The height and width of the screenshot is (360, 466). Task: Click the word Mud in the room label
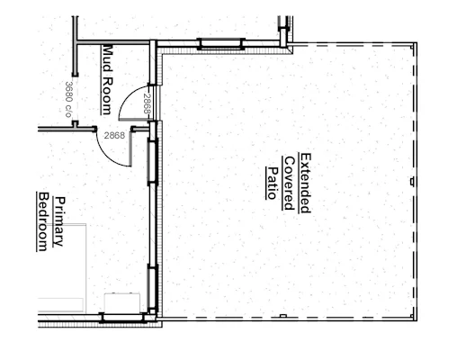(107, 58)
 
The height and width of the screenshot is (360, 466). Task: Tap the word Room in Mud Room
(107, 96)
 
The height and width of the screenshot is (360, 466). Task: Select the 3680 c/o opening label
(69, 99)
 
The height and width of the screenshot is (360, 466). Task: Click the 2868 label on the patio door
(147, 103)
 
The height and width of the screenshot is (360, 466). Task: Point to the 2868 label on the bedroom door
(114, 136)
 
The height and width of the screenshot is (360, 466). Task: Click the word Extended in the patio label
(306, 183)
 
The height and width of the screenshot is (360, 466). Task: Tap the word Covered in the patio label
(289, 183)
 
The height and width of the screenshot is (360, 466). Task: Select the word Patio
(273, 183)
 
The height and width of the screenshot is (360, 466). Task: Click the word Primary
(59, 221)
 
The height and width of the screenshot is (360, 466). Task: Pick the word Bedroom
(43, 221)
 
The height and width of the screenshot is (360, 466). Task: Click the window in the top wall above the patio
(220, 44)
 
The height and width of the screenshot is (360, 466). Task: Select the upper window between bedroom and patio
(153, 162)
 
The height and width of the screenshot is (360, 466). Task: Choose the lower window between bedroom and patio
(153, 288)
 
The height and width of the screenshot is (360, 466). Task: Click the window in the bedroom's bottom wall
(122, 318)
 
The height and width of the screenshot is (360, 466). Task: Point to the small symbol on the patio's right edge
(412, 182)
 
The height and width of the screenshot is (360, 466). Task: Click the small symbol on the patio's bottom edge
(282, 316)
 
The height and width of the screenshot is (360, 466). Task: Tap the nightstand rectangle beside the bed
(122, 302)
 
